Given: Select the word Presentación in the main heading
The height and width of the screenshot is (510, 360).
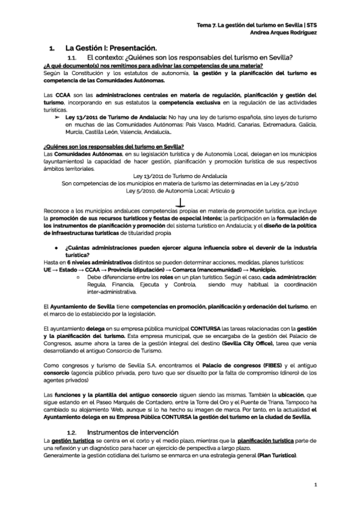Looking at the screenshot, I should click(x=131, y=48).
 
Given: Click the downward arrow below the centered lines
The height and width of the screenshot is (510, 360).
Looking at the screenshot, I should click(x=180, y=203).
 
